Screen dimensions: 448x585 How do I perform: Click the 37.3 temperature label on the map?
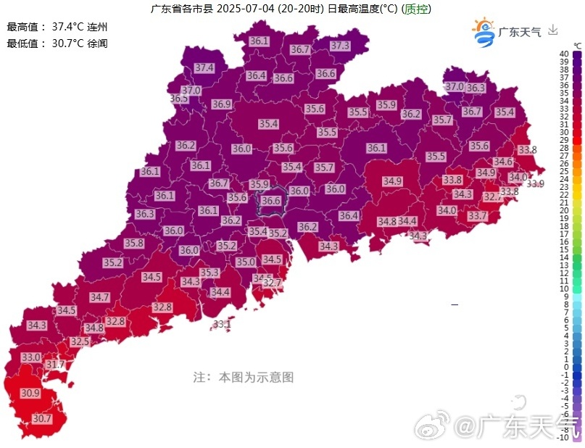coord(340,46)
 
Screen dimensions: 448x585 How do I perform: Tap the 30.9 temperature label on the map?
coord(30,393)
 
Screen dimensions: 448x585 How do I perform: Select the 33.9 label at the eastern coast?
coord(535,184)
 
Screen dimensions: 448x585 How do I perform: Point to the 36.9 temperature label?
coord(221,104)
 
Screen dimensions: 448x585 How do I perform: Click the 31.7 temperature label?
coord(56,364)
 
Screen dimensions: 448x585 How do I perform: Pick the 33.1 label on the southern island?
coord(222,324)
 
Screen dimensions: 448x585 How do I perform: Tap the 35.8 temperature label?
coord(134,244)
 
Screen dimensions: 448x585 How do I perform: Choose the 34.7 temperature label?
coord(99,297)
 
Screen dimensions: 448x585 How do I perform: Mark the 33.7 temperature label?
coord(477,216)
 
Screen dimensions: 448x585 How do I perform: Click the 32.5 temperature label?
coord(80,341)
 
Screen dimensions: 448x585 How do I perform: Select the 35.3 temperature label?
coord(209,273)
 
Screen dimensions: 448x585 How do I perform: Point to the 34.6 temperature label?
coord(502,162)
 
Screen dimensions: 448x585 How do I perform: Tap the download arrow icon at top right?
coord(553,30)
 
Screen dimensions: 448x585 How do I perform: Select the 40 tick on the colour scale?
coord(563,54)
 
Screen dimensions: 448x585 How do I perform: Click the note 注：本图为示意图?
coord(243,377)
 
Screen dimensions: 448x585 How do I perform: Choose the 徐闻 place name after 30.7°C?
coord(98,43)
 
